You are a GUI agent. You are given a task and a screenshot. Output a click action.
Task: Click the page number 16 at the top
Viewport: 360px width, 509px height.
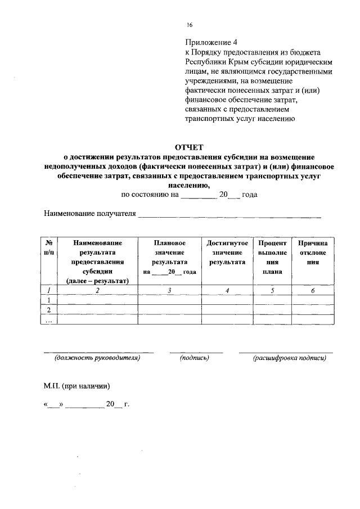[x=189, y=25]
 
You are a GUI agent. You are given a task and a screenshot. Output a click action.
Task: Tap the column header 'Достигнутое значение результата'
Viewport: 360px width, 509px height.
[x=227, y=252]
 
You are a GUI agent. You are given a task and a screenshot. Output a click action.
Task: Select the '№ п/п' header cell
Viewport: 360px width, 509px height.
[x=49, y=247]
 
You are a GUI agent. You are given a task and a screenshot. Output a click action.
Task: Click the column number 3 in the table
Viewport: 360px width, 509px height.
[x=169, y=290]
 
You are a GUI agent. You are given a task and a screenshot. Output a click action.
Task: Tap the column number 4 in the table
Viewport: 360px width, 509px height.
[x=227, y=290]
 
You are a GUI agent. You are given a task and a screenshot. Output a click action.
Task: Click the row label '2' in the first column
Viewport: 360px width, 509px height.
[x=49, y=310]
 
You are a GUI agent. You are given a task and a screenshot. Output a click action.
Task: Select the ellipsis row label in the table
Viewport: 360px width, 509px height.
[x=49, y=319]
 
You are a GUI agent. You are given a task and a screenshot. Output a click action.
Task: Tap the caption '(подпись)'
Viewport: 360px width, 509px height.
[x=195, y=358]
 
